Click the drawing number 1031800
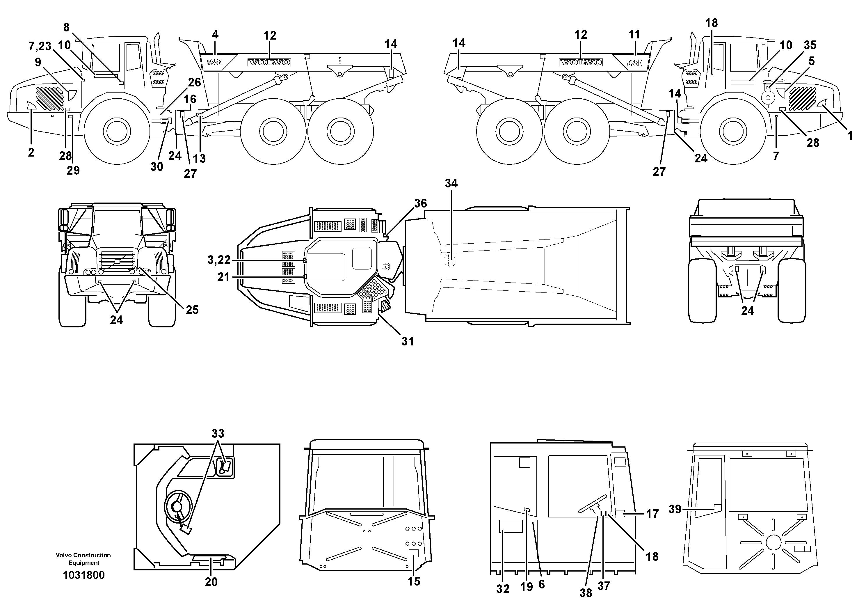pos(84,575)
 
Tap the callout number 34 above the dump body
pos(451,183)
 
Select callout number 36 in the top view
pos(421,203)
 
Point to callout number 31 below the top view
pos(407,341)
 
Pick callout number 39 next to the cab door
pos(675,509)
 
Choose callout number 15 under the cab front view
pos(414,581)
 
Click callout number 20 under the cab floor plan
pos(211,582)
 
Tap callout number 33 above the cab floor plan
pos(218,434)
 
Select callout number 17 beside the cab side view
pos(652,514)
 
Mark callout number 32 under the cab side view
pos(503,589)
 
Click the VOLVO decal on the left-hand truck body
pos(269,62)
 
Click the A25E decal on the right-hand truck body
pos(634,63)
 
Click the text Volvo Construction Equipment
pos(83,559)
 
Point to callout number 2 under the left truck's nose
pos(31,152)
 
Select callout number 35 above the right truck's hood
pos(810,45)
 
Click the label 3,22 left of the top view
pos(219,260)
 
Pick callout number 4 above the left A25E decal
pos(215,35)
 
